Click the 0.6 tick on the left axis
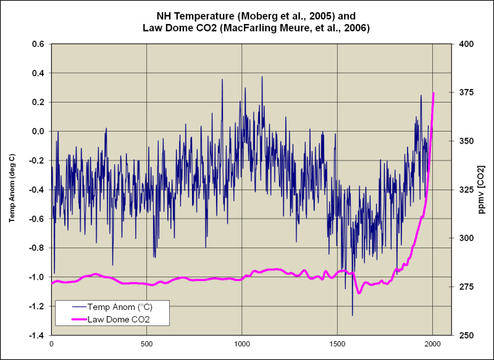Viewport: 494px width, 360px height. coord(38,44)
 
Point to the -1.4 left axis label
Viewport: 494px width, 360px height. coord(36,335)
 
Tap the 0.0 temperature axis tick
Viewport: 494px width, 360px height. coord(38,131)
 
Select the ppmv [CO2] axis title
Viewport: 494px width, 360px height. coord(481,190)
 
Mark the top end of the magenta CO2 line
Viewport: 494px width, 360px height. coord(433,93)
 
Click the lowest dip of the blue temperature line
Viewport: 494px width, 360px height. coord(353,316)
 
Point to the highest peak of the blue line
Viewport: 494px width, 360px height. coord(262,77)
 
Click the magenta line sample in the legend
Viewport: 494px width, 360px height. coord(70,319)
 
